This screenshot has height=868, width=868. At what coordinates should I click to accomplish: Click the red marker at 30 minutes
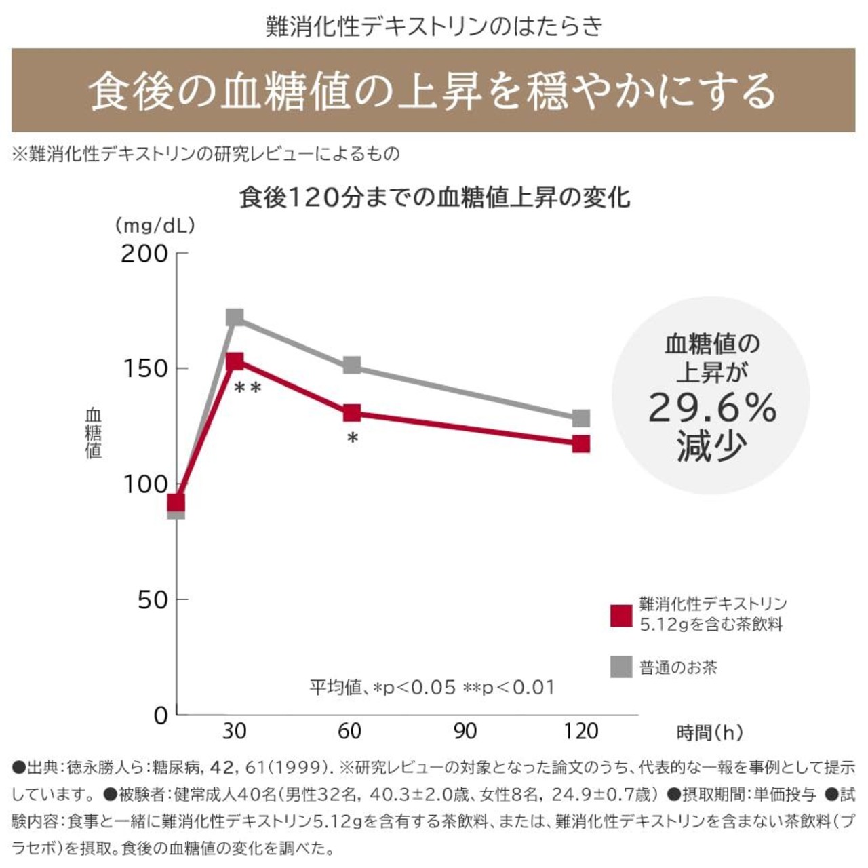(235, 361)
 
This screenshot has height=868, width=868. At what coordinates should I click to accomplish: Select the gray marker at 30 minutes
(235, 317)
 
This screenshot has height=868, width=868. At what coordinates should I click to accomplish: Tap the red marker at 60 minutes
(351, 413)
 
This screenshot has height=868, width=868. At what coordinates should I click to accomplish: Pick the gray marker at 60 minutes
(351, 366)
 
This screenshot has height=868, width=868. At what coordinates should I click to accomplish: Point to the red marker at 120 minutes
(581, 444)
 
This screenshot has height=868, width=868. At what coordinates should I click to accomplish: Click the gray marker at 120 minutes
(581, 418)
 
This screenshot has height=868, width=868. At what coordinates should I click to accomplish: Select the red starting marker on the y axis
(176, 502)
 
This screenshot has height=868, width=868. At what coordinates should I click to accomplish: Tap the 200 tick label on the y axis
(144, 254)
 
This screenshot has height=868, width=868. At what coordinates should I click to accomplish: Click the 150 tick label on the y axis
(144, 369)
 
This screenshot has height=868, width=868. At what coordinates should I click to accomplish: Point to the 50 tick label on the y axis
(153, 600)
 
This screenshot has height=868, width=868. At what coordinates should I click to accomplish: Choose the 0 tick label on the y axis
(161, 715)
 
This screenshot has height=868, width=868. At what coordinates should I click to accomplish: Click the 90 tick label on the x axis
(465, 731)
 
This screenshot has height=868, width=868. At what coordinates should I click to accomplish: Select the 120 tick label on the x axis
(581, 731)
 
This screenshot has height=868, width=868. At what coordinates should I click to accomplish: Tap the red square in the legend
(621, 615)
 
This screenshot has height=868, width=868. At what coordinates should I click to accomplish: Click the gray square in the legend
(621, 667)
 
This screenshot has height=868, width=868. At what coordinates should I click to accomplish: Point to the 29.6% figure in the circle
(712, 409)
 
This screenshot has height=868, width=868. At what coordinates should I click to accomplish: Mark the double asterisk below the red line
(248, 388)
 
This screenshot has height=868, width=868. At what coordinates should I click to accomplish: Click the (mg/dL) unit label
(155, 225)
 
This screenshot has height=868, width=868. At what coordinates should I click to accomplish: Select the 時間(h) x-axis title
(709, 732)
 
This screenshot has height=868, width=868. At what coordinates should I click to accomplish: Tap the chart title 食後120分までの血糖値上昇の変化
(435, 197)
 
